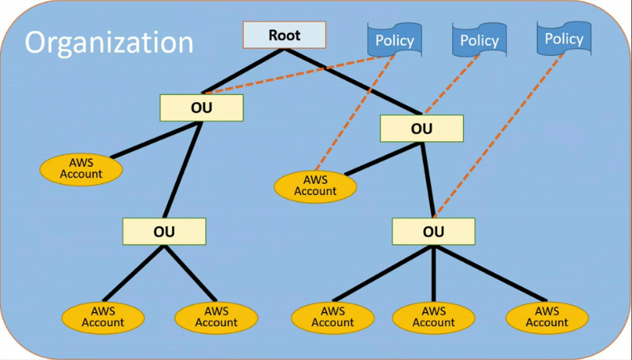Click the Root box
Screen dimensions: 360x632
click(x=284, y=35)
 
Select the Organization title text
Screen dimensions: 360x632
click(x=109, y=42)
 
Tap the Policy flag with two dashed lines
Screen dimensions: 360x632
click(x=395, y=40)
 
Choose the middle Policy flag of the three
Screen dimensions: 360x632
click(x=480, y=40)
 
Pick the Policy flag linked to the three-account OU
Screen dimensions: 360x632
click(x=564, y=39)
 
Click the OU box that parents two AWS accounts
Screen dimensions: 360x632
click(x=164, y=232)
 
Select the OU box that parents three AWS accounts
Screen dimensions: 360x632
click(x=433, y=232)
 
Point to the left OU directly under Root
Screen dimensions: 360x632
click(x=202, y=108)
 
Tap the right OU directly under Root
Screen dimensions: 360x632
click(x=421, y=128)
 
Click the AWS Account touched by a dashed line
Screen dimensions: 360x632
click(x=315, y=186)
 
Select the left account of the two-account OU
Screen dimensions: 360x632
click(x=103, y=317)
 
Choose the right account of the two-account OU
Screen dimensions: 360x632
click(x=216, y=317)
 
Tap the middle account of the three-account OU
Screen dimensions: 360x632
click(x=433, y=317)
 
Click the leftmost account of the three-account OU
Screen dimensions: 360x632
click(x=333, y=317)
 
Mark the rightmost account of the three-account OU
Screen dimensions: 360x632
click(x=546, y=317)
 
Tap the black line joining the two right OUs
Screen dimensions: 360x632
click(x=428, y=180)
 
